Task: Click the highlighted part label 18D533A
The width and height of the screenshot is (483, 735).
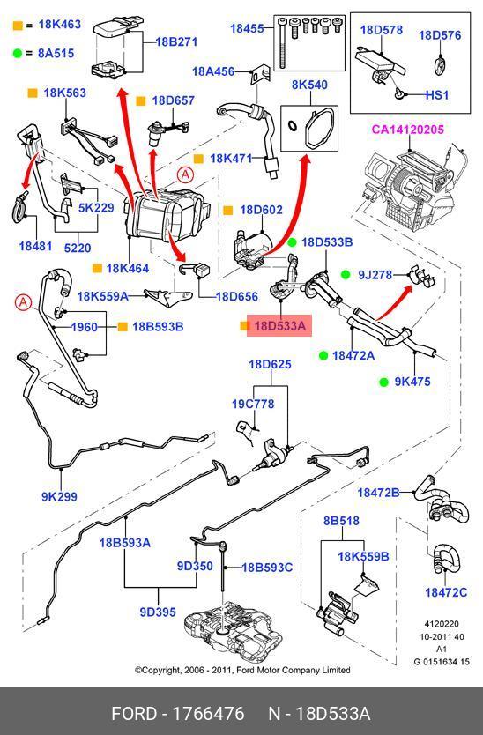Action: click(x=279, y=326)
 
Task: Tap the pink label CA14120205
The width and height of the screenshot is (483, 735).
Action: click(x=407, y=130)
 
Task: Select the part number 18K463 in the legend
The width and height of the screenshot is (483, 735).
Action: click(x=60, y=25)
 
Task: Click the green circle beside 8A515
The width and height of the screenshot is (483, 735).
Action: click(x=18, y=54)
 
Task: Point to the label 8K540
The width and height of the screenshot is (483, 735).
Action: click(x=309, y=85)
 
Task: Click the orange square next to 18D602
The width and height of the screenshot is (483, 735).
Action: click(x=228, y=211)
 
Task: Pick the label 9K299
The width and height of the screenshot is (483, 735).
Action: click(x=59, y=496)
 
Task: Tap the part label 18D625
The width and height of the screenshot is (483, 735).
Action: click(x=270, y=364)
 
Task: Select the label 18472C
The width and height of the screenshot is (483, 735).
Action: click(x=446, y=592)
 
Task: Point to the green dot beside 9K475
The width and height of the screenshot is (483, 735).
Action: click(x=384, y=382)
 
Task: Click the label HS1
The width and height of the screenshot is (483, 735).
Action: click(x=437, y=95)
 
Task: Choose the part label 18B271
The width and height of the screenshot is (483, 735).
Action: click(x=176, y=41)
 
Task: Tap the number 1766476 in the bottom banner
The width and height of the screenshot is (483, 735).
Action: click(x=209, y=714)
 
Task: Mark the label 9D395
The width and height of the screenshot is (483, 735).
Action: click(x=158, y=612)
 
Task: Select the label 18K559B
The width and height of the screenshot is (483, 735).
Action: click(x=363, y=556)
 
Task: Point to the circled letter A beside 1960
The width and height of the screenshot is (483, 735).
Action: click(x=23, y=303)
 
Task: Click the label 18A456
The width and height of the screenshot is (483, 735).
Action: click(x=213, y=71)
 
